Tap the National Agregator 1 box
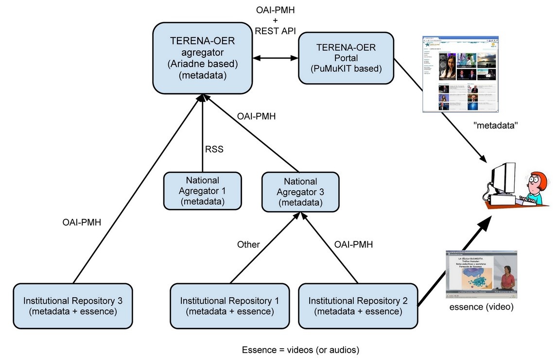202,191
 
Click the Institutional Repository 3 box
72,306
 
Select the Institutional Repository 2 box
358,306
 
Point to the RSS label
213,149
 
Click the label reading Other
248,244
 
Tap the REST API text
275,31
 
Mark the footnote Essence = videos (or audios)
301,349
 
